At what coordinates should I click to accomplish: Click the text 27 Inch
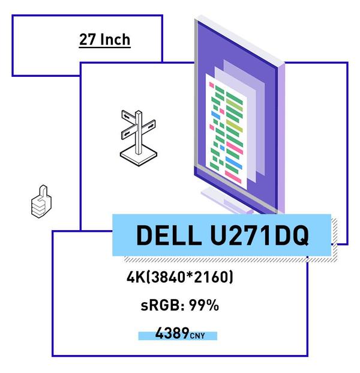tap(104, 40)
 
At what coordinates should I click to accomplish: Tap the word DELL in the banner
tap(169, 235)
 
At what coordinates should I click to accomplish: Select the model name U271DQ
tap(259, 235)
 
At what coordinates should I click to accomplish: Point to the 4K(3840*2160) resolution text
tap(180, 277)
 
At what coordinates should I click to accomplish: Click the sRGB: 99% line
tap(180, 305)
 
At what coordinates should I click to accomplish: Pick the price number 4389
tap(172, 333)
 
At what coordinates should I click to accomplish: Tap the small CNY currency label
tap(197, 336)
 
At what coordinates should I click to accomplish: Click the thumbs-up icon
tap(41, 201)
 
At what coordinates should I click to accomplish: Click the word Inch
tap(115, 40)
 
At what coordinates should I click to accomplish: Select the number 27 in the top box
tap(88, 40)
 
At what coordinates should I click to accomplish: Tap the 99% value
tap(204, 305)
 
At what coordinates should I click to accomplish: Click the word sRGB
tap(159, 305)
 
